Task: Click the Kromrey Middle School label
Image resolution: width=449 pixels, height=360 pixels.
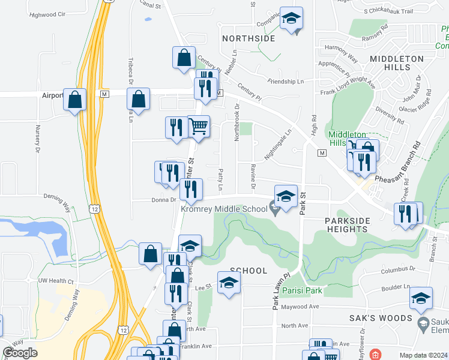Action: click(x=224, y=209)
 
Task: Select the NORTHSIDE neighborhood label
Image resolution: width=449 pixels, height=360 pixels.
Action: click(x=249, y=38)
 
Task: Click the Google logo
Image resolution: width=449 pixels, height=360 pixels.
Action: click(x=20, y=353)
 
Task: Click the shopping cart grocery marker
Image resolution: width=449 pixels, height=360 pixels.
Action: click(x=199, y=127)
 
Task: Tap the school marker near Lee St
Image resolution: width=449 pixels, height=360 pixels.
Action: click(x=229, y=283)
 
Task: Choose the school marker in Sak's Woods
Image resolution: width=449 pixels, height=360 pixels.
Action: click(x=421, y=298)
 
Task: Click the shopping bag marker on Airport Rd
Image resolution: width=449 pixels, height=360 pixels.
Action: click(x=138, y=100)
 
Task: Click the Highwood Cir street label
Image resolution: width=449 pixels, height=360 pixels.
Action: click(x=46, y=14)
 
